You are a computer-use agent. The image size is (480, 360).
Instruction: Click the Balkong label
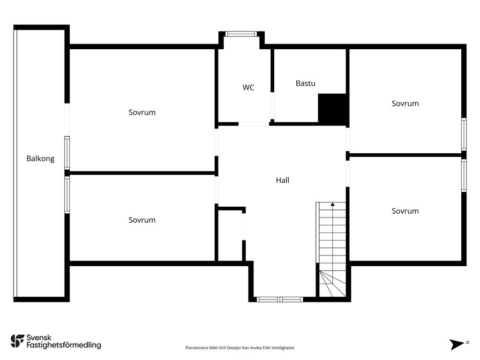40,158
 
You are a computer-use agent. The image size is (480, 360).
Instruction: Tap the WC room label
248,87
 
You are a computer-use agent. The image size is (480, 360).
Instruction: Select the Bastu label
306,83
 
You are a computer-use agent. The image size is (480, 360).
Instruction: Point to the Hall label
282,180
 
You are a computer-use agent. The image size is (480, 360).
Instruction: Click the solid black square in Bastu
332,108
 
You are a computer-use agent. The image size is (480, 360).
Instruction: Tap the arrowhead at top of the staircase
333,204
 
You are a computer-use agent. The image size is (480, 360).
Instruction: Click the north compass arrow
457,344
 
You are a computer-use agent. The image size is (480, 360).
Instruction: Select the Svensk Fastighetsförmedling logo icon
17,341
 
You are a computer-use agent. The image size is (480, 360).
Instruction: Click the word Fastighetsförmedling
64,345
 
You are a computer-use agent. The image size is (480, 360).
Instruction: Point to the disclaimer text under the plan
240,348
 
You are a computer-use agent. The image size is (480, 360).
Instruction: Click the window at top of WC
241,34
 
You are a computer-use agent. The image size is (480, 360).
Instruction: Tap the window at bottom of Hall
280,299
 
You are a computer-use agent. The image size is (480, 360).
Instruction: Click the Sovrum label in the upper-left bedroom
142,112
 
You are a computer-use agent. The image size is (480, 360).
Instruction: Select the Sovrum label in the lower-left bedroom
142,220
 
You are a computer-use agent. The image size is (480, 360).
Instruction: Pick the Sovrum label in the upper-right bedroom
405,104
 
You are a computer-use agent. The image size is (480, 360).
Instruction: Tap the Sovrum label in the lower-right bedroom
405,211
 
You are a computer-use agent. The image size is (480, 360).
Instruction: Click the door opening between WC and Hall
254,124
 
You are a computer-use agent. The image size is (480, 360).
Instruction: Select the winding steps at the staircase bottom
332,284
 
